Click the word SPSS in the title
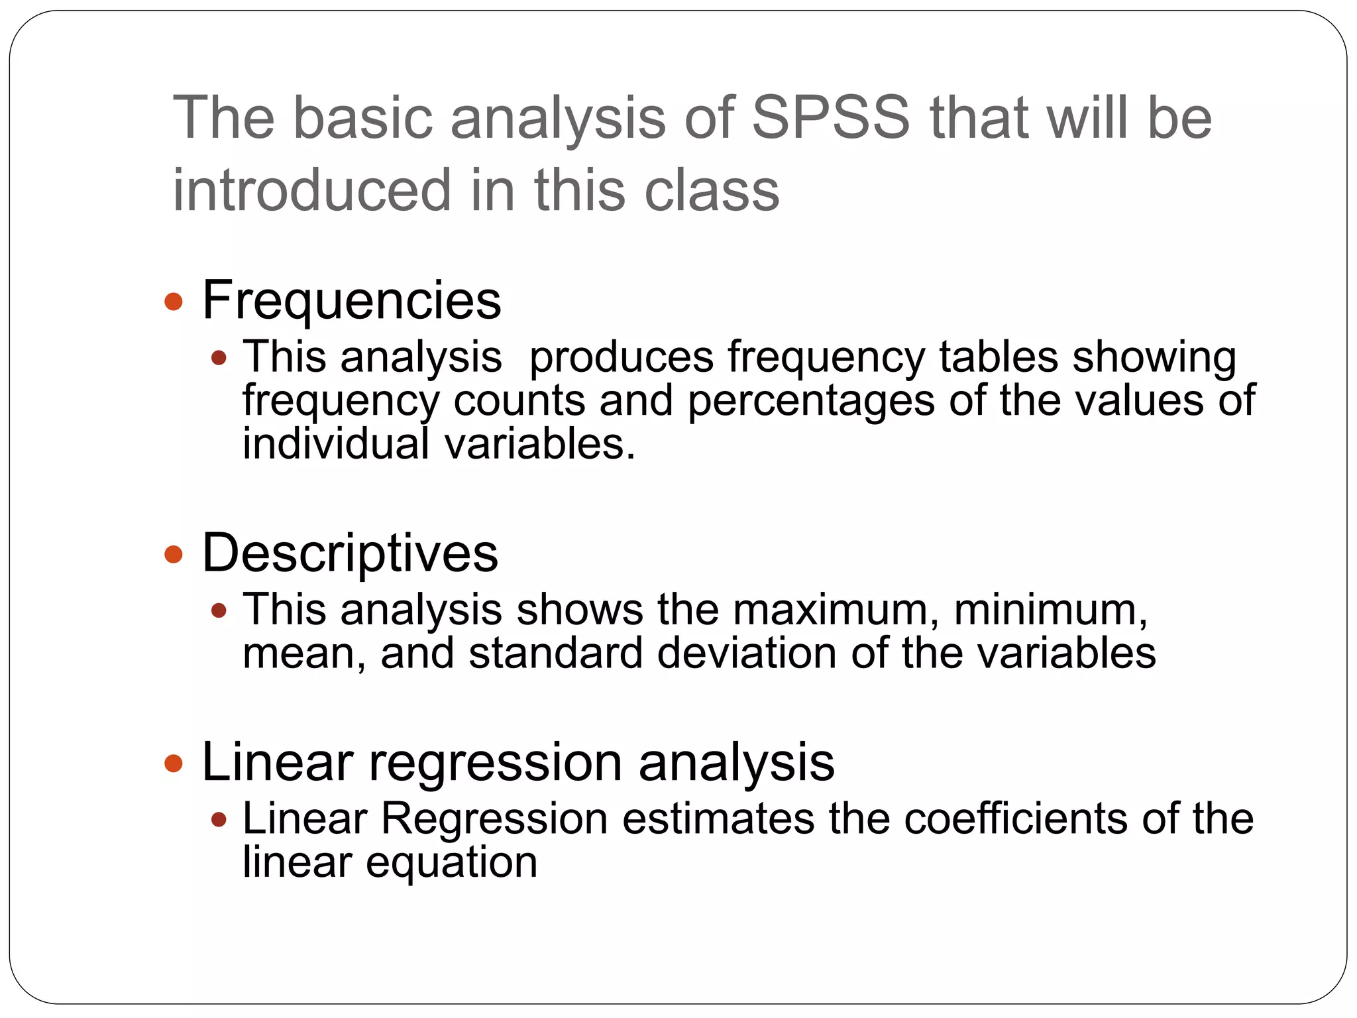pyautogui.click(x=832, y=118)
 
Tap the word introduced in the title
pyautogui.click(x=312, y=190)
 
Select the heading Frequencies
pyautogui.click(x=351, y=300)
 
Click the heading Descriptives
pyautogui.click(x=349, y=553)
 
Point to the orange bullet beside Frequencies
pyautogui.click(x=174, y=302)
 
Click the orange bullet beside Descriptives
pyautogui.click(x=174, y=554)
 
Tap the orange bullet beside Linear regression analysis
pyautogui.click(x=174, y=763)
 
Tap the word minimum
pyautogui.click(x=1050, y=609)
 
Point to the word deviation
pyautogui.click(x=746, y=653)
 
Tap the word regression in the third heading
pyautogui.click(x=495, y=763)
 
